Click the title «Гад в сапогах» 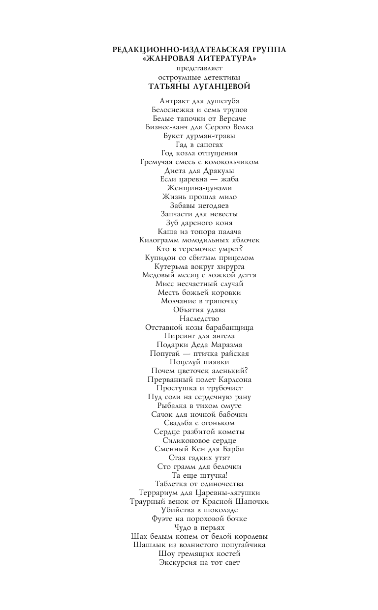pos(199,145)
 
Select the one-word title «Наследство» pos(199,319)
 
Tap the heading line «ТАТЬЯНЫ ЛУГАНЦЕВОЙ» pos(199,87)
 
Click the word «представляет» pos(199,68)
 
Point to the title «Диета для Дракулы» pos(199,171)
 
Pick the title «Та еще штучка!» pos(199,475)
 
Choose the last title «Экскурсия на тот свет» pos(199,562)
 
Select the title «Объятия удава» pos(199,310)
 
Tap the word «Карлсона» pos(233,379)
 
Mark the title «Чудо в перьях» pos(199,527)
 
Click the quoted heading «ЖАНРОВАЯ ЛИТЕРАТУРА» pos(199,59)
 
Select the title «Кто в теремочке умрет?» pos(199,249)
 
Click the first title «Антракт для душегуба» pos(199,101)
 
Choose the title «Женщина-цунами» pos(199,188)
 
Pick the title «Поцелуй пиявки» pos(199,362)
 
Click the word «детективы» pos(220,77)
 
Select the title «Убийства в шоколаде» pos(199,510)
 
